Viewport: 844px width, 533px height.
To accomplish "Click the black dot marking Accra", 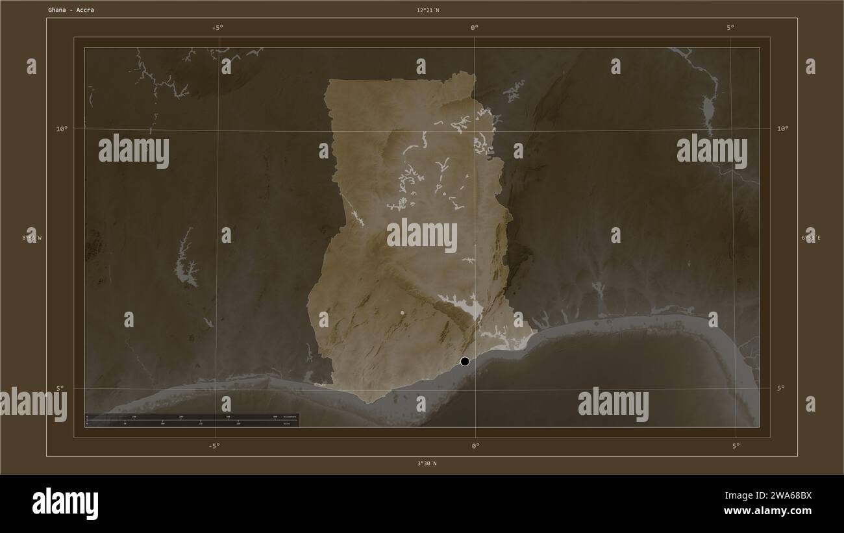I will click(465, 361).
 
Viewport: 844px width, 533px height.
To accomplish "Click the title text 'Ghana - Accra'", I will click(71, 10).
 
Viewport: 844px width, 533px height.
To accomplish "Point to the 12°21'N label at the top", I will click(428, 10).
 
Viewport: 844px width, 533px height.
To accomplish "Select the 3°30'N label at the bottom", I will click(427, 464).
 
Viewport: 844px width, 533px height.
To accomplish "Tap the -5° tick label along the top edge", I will click(217, 27).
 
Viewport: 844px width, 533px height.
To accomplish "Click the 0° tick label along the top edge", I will click(474, 27).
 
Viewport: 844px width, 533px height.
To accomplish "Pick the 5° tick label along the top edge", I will click(730, 27).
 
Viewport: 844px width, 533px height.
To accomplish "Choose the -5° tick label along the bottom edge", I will click(214, 445).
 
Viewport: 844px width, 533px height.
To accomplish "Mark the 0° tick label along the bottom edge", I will click(475, 445).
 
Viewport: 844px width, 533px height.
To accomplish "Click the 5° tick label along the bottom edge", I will click(736, 445).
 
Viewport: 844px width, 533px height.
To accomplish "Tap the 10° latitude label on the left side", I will click(61, 129).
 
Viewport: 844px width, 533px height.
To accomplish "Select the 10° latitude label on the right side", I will click(783, 129).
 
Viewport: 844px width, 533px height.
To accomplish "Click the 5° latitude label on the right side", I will click(780, 388).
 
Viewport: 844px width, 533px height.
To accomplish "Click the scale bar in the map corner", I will click(192, 420).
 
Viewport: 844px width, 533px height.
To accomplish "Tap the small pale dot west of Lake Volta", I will click(403, 313).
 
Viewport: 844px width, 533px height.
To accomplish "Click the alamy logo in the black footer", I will click(65, 504).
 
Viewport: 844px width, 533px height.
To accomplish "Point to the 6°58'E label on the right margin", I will click(811, 238).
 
